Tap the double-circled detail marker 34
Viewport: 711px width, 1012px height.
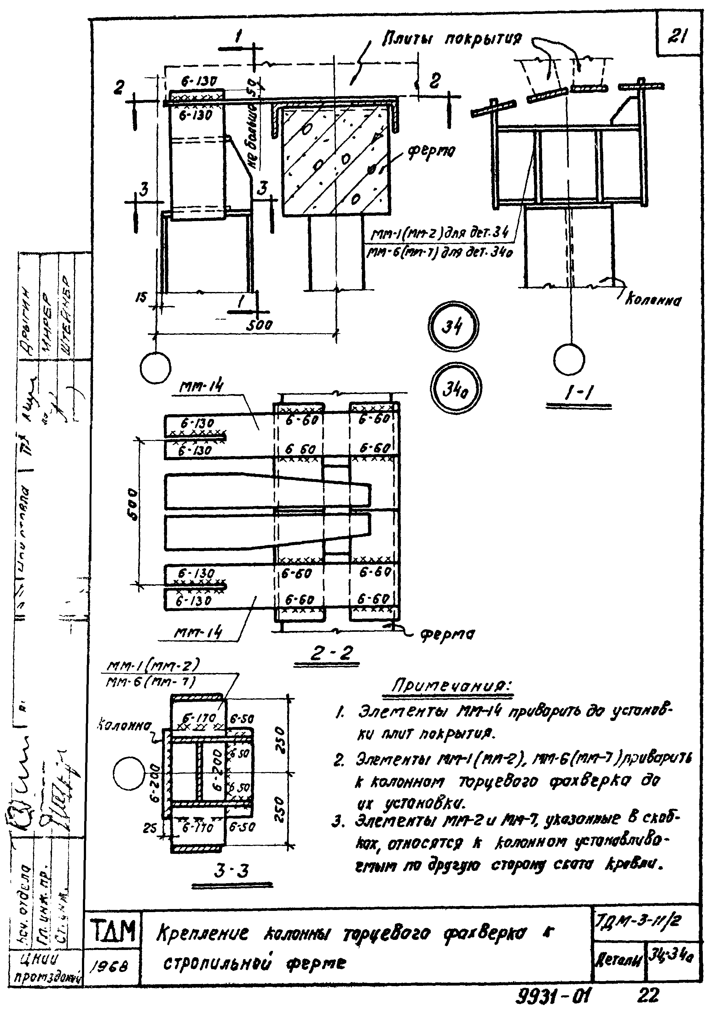(x=453, y=327)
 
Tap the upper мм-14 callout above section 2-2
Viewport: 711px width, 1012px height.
(x=201, y=386)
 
